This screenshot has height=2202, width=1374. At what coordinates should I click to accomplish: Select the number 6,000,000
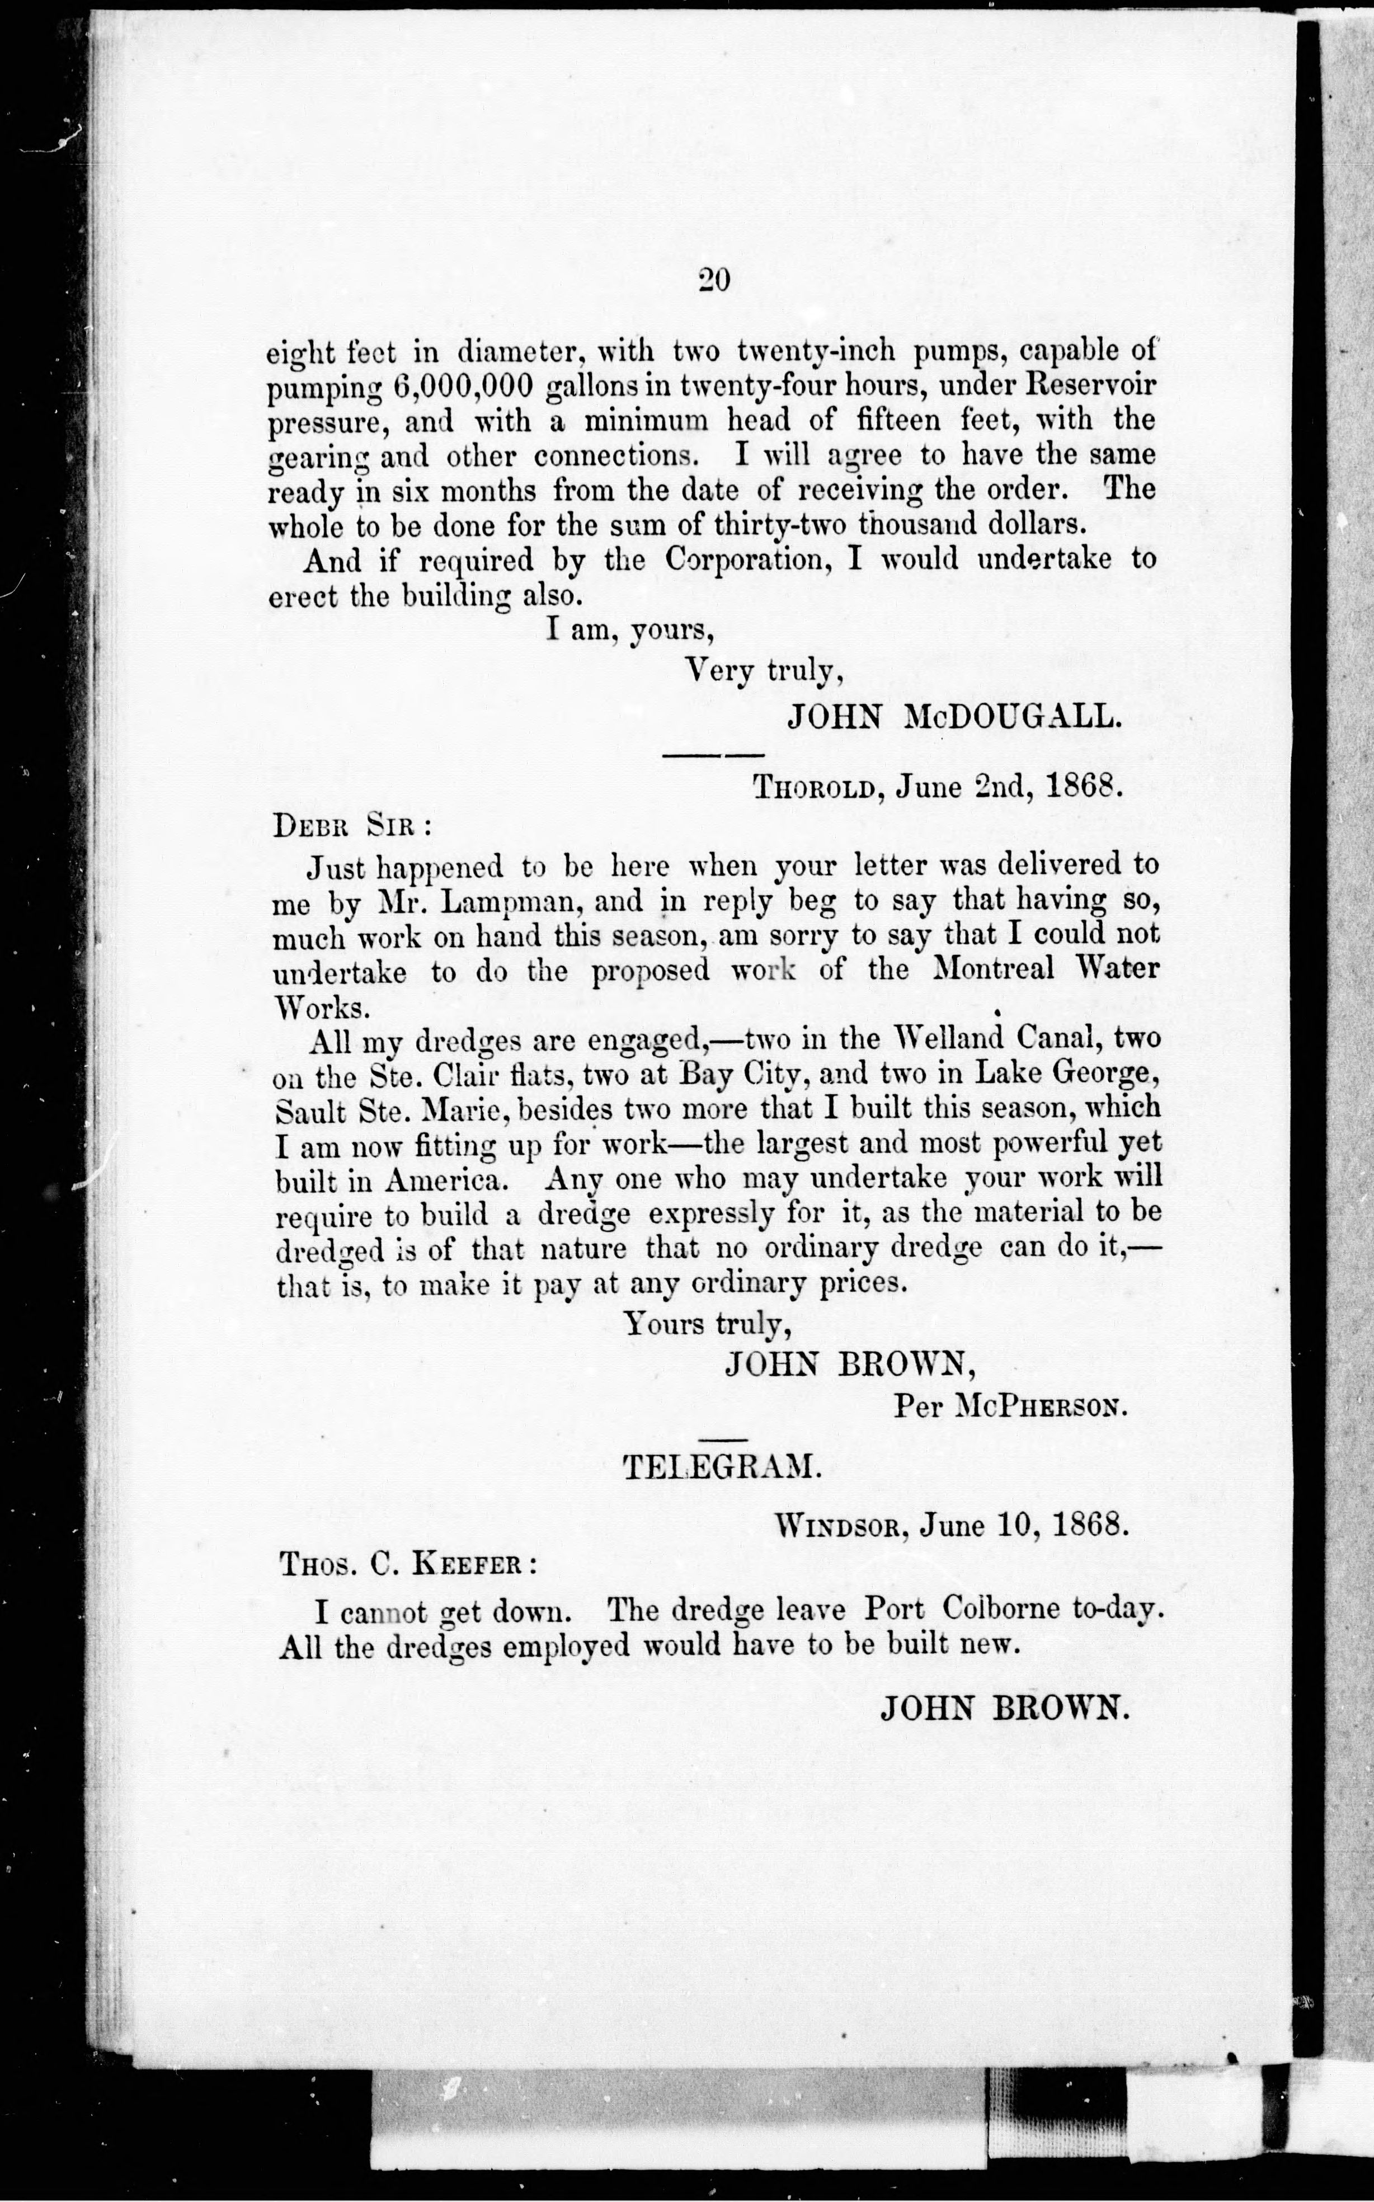(463, 386)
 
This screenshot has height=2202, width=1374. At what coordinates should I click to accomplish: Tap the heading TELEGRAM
(722, 1466)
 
